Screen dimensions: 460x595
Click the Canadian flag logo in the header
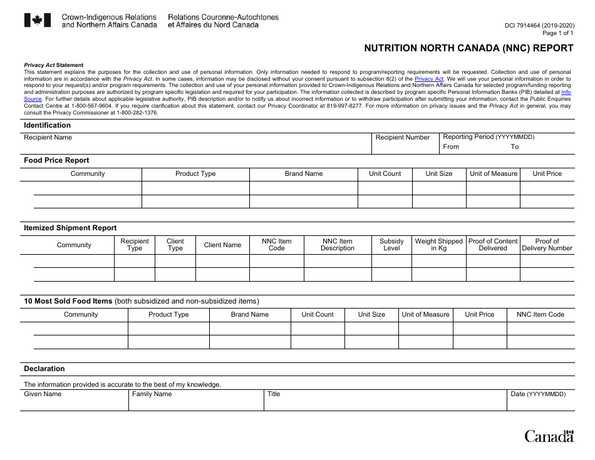click(37, 21)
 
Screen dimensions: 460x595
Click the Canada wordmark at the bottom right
click(549, 436)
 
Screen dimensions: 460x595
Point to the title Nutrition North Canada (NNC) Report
click(468, 48)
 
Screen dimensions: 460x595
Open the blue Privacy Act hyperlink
click(429, 79)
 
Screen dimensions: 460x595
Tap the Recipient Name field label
click(48, 137)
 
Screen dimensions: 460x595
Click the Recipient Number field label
click(403, 137)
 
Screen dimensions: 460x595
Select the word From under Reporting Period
click(451, 146)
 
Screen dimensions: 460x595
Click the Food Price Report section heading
click(56, 160)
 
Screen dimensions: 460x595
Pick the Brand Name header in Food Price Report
click(304, 173)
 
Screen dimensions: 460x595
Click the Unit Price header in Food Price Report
click(547, 173)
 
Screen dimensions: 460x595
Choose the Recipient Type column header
click(135, 245)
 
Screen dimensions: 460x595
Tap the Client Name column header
click(222, 245)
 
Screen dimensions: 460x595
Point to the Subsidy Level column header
click(391, 245)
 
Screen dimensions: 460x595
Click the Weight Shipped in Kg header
click(438, 245)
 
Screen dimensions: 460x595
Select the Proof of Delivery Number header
click(547, 245)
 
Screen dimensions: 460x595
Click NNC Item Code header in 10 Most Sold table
click(540, 314)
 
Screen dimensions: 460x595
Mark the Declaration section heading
click(44, 369)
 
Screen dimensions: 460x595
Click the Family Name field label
click(152, 394)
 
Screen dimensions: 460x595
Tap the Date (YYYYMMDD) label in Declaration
click(538, 394)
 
